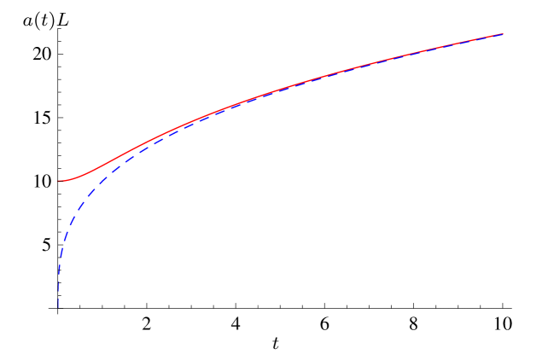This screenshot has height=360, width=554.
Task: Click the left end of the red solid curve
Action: [59, 181]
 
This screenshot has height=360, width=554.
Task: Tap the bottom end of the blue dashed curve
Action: [58, 308]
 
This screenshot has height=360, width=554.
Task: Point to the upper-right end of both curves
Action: [502, 34]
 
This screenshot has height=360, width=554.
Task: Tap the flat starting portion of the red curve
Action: [65, 181]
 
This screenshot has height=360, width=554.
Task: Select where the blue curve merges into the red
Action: [222, 109]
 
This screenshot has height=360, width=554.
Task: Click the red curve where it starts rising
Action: [81, 176]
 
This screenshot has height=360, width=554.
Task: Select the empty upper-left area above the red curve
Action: [128, 60]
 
